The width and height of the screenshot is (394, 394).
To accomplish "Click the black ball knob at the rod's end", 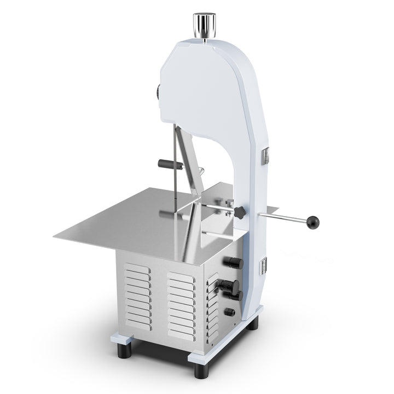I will click(x=313, y=222).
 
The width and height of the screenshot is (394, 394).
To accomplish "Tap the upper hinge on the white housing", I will click(x=266, y=155).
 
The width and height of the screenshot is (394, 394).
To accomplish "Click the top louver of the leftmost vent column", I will click(x=137, y=268).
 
